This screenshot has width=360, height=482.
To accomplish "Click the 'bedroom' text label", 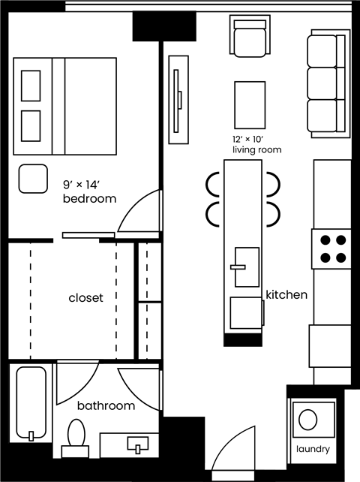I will point(89,199).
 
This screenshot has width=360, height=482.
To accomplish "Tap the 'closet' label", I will point(85,298).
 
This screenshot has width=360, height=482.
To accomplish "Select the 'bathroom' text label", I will point(106,406).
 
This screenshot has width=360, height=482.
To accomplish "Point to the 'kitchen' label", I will point(286,295).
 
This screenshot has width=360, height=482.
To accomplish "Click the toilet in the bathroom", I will point(76,435).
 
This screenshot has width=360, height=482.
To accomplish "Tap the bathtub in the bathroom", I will point(31,404).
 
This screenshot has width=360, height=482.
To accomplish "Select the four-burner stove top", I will point(331,249).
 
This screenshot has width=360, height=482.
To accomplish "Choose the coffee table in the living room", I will point(250,105).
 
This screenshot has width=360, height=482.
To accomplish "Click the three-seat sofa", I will point(328,83).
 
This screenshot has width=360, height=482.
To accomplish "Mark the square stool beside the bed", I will point(32,178).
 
